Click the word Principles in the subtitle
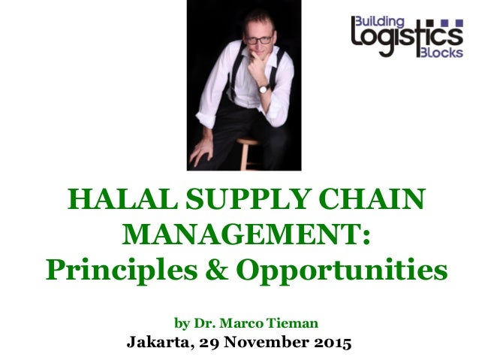(x=126, y=268)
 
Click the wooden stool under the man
(x=248, y=154)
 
